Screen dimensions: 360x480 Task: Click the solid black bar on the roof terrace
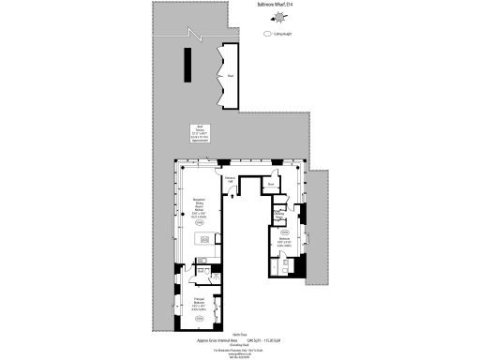[x=189, y=65]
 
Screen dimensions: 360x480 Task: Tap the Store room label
[x=269, y=186]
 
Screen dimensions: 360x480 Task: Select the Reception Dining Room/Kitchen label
[x=199, y=211]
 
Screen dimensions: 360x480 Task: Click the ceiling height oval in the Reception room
[x=199, y=223]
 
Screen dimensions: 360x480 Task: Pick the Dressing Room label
[x=278, y=214]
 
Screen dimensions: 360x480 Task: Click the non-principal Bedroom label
[x=285, y=240]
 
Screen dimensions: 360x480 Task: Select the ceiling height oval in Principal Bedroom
[x=199, y=320]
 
